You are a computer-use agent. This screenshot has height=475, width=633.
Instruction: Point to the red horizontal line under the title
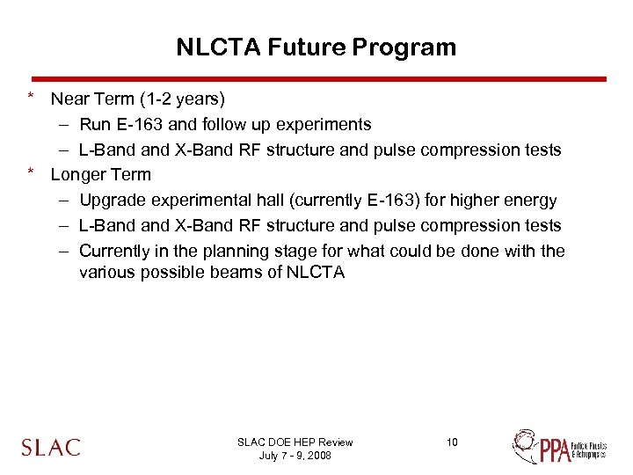point(316,78)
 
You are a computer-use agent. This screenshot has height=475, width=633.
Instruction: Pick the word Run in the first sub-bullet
point(94,125)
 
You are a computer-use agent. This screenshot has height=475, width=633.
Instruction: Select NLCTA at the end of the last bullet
point(316,273)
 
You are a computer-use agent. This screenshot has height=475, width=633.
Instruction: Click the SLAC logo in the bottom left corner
point(51,447)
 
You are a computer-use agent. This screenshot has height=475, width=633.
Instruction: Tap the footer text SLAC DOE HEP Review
point(295,442)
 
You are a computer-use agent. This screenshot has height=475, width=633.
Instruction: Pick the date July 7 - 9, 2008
point(295,456)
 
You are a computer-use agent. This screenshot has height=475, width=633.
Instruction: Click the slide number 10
point(452,442)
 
